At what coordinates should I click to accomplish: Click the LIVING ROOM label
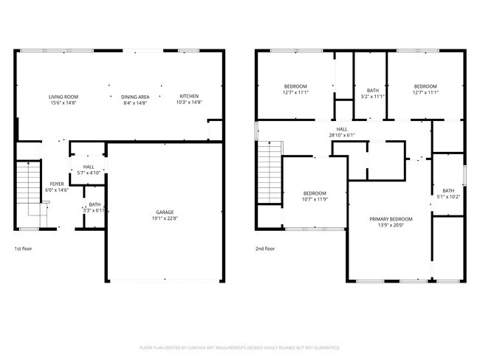[64, 97]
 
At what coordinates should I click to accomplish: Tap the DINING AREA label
[135, 97]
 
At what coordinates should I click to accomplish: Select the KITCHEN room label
[189, 97]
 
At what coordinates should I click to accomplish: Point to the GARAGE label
[164, 212]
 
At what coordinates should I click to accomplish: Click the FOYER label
[57, 184]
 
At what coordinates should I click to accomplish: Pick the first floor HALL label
[88, 167]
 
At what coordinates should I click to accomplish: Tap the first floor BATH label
[95, 204]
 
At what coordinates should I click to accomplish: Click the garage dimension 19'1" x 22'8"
[164, 218]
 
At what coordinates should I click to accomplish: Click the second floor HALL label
[342, 129]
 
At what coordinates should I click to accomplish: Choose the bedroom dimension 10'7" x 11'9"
[315, 198]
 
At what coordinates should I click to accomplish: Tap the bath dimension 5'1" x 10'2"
[448, 196]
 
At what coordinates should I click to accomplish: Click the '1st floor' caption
[24, 249]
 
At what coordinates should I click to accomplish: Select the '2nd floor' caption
[264, 249]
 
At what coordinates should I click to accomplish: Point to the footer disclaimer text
[239, 347]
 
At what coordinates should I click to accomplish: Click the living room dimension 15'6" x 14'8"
[64, 103]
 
